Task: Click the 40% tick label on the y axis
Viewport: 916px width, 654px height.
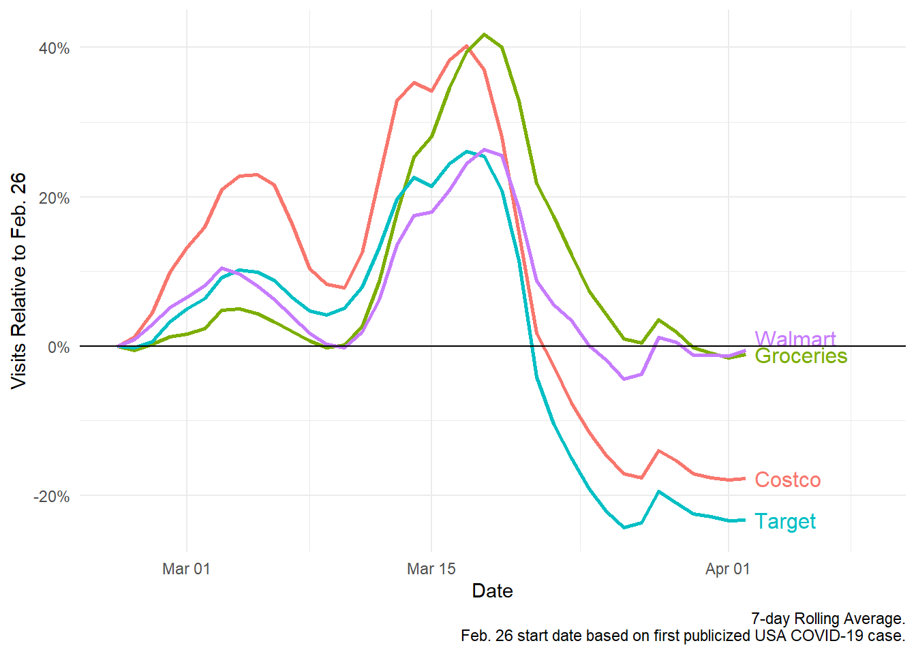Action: click(x=54, y=48)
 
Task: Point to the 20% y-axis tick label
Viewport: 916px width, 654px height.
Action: click(x=54, y=198)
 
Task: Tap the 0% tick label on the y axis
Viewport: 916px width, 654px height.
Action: click(x=58, y=347)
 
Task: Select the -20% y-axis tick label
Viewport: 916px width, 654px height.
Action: click(x=51, y=496)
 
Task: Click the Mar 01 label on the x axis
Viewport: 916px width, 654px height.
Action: click(x=186, y=568)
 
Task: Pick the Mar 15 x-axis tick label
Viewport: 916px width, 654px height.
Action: click(x=431, y=568)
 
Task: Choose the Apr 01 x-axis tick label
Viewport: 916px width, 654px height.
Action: click(x=727, y=568)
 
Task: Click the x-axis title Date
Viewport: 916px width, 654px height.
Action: click(x=492, y=591)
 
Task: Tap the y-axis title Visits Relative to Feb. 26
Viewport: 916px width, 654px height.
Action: click(x=19, y=281)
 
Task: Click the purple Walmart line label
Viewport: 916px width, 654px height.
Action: click(x=795, y=339)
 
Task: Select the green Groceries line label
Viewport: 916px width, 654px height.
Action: click(x=801, y=356)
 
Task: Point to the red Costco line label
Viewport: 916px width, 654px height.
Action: click(x=787, y=480)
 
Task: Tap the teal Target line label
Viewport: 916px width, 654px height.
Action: click(x=785, y=521)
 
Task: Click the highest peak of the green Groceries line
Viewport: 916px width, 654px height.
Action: click(x=484, y=34)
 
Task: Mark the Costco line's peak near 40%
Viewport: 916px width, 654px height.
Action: click(x=467, y=46)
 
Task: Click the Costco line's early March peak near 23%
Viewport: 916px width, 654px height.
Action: click(x=256, y=174)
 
